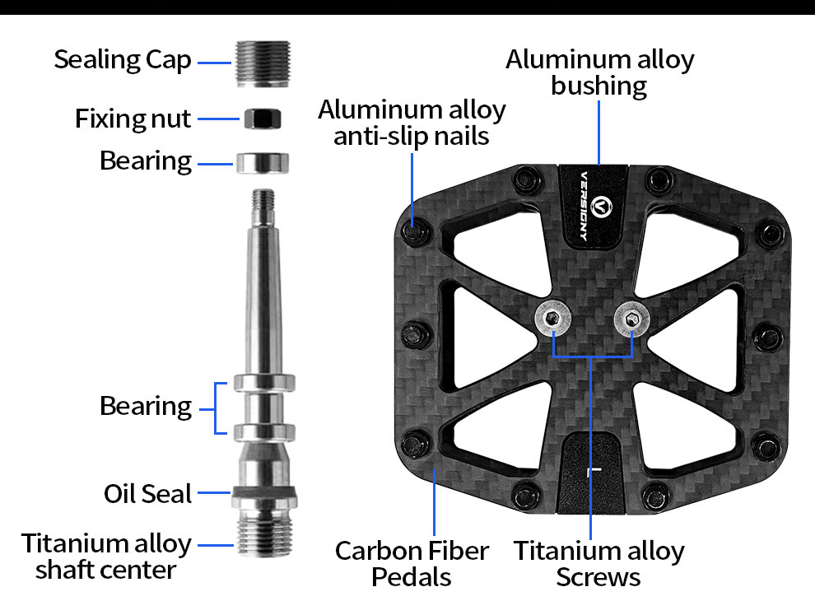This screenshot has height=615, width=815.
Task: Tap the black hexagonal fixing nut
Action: coord(263,118)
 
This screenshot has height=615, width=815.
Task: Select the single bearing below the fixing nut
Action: coord(263,162)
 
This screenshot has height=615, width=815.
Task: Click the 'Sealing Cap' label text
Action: coord(123,59)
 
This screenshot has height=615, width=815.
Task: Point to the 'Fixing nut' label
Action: coord(133,119)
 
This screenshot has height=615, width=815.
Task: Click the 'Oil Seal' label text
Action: coord(147,494)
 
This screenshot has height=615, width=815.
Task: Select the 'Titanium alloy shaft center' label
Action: coord(106,556)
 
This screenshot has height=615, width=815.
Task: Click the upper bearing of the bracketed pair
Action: coord(263,383)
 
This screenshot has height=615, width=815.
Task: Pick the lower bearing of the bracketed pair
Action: coord(263,431)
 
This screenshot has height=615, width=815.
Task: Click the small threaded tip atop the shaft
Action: coord(263,200)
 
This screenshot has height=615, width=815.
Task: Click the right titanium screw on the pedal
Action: coord(631,319)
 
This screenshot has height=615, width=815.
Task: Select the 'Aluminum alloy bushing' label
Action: coord(599,72)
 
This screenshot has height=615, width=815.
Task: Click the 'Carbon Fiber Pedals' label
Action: coord(412,563)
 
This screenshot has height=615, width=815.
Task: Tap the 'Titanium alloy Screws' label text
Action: coord(598,563)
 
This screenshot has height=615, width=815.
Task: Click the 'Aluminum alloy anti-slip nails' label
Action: coord(412,122)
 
